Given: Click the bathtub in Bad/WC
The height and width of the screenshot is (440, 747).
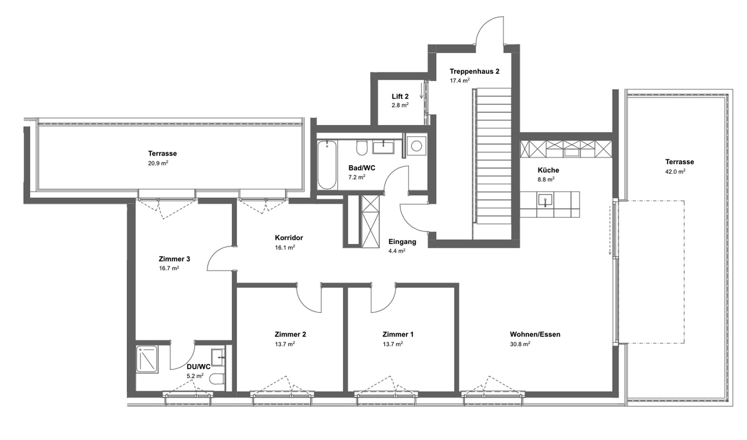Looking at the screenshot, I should click(327, 165).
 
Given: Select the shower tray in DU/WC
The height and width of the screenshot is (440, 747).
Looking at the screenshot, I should click(147, 359).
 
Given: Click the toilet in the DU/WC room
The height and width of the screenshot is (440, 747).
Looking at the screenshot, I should click(218, 379).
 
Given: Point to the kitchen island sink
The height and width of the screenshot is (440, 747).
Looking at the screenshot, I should click(545, 200).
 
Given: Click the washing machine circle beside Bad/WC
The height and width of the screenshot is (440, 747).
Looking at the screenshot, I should click(416, 145).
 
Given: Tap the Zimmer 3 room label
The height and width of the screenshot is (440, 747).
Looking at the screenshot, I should click(174, 259).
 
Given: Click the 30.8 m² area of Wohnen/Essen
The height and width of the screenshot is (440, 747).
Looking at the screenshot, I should click(520, 344).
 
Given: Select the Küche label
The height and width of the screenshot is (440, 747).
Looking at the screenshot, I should click(548, 170).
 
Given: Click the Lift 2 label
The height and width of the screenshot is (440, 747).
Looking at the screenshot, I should click(400, 96).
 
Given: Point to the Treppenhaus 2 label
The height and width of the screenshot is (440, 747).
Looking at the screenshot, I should click(474, 71).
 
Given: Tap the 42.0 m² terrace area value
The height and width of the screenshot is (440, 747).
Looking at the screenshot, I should click(675, 172).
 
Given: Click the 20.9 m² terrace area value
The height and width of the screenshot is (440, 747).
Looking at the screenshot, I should click(158, 163).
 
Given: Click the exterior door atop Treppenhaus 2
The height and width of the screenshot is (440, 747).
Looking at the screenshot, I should click(490, 30).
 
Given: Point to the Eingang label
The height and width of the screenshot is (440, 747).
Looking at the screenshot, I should click(402, 242).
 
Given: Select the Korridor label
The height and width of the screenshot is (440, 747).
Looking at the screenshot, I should click(289, 238).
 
